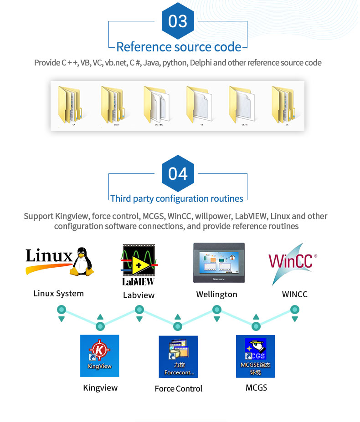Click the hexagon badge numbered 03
[x=178, y=21]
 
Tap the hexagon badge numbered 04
[x=178, y=173]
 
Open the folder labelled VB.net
[x=242, y=104]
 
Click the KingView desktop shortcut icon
[x=99, y=356]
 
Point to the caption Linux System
[x=58, y=294]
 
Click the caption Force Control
[x=178, y=389]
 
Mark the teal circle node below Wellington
[x=217, y=310]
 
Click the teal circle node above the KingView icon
[x=100, y=326]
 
